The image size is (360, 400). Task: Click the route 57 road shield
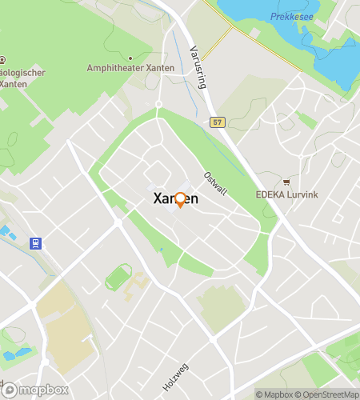tap(217, 122)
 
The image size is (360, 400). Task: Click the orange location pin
tap(180, 199)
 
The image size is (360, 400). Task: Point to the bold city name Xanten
tap(176, 200)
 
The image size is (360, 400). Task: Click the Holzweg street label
tap(174, 374)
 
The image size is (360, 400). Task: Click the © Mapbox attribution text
tap(274, 394)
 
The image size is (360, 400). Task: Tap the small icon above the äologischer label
tap(2, 59)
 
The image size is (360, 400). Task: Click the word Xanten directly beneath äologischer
tap(14, 84)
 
